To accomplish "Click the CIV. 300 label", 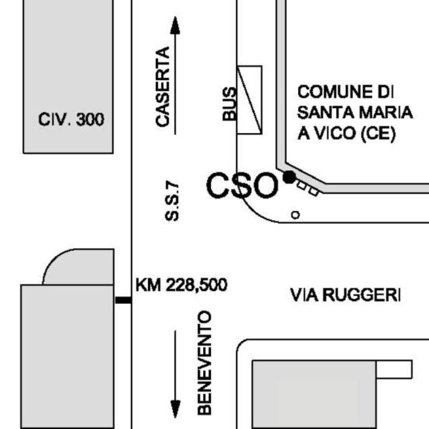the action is pos(71,119).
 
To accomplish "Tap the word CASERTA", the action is pos(163,87).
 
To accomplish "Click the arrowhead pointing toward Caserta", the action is pos(175,25).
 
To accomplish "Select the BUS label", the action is pos(230,104).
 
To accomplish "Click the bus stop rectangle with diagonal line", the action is pos(250,100).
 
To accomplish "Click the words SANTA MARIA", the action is pos(355,112).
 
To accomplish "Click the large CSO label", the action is pos(242,185).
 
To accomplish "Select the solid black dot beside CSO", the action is pos(289,177).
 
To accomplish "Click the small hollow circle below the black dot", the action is pos(295,215).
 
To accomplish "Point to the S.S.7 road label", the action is pos(172,202).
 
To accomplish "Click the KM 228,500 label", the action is pos(182,285).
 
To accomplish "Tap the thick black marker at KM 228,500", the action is pos(123,300).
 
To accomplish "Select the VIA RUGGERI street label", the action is pos(345,295).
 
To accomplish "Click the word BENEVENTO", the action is pos(204,363).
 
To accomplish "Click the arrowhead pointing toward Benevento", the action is pos(175,409).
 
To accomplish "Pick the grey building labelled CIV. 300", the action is pos(68,77).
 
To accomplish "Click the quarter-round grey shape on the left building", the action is pos(79,267).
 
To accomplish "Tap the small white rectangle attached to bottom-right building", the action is pos(394,370).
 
